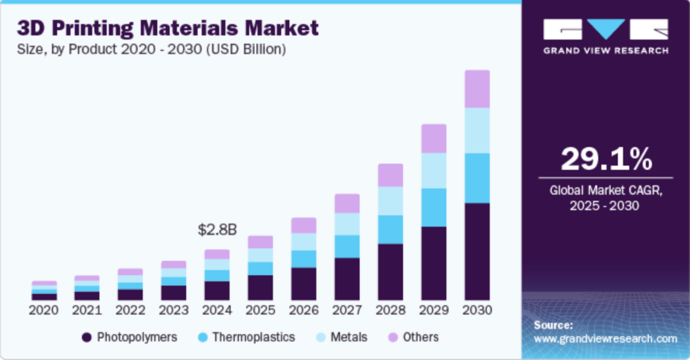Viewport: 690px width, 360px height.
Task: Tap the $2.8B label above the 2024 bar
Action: tap(217, 230)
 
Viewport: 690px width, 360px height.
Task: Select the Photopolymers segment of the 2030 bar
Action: tap(477, 251)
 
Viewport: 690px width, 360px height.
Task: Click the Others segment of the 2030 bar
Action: tap(477, 89)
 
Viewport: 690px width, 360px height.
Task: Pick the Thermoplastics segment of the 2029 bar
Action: tap(434, 208)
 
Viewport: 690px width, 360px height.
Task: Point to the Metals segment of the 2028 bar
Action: tap(390, 201)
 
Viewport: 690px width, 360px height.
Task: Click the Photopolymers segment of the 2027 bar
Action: tap(347, 278)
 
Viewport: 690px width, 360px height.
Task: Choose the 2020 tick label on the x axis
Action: tap(44, 311)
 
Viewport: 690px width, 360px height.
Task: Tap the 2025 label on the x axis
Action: tap(260, 311)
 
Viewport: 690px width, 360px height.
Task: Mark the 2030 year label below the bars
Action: tap(477, 311)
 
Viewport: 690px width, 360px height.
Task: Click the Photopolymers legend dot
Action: tap(86, 337)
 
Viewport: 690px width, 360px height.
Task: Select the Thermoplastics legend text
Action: tap(253, 337)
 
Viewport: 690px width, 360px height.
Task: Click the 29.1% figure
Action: tap(606, 159)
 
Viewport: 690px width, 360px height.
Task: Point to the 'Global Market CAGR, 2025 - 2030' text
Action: tap(606, 198)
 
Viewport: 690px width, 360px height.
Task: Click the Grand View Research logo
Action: tap(606, 36)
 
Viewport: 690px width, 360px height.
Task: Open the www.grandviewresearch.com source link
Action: tap(605, 338)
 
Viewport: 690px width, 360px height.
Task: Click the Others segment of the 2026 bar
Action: tap(304, 225)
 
